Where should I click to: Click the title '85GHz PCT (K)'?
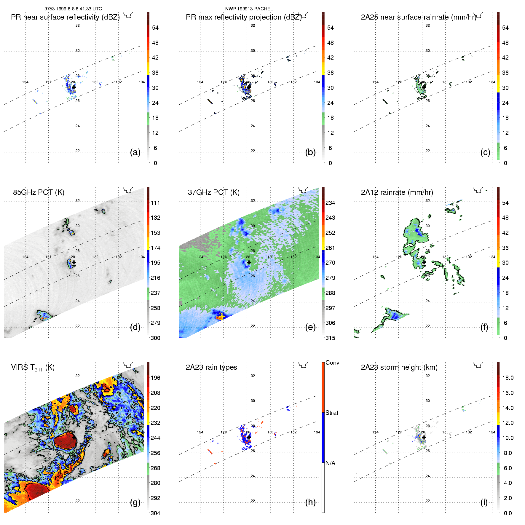pyautogui.click(x=39, y=192)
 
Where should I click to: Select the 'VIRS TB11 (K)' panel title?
pyautogui.click(x=33, y=368)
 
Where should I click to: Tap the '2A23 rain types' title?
pyautogui.click(x=211, y=367)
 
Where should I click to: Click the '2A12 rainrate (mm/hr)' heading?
pyautogui.click(x=397, y=192)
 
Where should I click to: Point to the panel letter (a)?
pyautogui.click(x=135, y=152)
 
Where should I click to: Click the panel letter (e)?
pyautogui.click(x=310, y=327)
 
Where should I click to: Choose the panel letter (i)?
pyautogui.click(x=484, y=502)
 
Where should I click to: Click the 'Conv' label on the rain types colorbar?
pyautogui.click(x=332, y=363)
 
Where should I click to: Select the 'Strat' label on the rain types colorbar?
pyautogui.click(x=332, y=413)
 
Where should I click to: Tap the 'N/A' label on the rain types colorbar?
pyautogui.click(x=330, y=463)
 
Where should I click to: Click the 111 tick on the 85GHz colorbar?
pyautogui.click(x=155, y=203)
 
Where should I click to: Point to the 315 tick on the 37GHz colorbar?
pyautogui.click(x=330, y=338)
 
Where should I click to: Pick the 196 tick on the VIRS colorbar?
pyautogui.click(x=155, y=378)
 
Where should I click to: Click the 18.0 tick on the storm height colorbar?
pyautogui.click(x=508, y=378)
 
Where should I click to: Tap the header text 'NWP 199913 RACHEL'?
pyautogui.click(x=249, y=9)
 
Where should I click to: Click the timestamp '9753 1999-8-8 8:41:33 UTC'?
pyautogui.click(x=73, y=9)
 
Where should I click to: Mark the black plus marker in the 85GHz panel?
pyautogui.click(x=74, y=262)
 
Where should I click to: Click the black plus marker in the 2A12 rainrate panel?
pyautogui.click(x=424, y=262)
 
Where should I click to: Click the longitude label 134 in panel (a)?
pyautogui.click(x=142, y=82)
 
